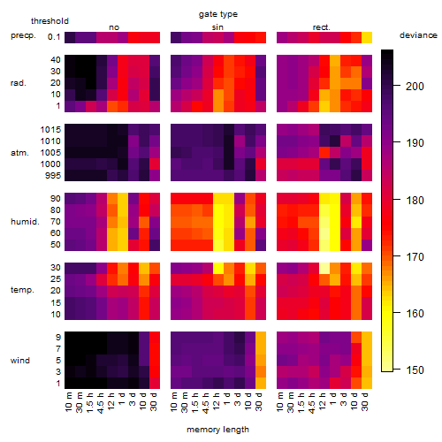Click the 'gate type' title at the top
(218, 14)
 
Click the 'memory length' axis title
(217, 430)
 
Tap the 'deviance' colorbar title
(418, 35)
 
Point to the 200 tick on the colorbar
(397, 86)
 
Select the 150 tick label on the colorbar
(415, 370)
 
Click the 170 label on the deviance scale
(415, 256)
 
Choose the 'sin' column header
(217, 27)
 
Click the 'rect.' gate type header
(321, 27)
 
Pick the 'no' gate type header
(114, 27)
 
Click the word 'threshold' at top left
(50, 21)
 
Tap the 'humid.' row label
(25, 222)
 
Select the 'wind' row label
(20, 361)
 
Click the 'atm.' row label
(19, 153)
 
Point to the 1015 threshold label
(50, 130)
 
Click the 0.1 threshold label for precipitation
(54, 37)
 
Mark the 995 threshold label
(53, 176)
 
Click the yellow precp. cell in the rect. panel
(367, 37)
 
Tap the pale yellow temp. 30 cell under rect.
(324, 268)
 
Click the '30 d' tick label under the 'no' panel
(154, 401)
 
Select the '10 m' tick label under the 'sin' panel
(174, 401)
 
